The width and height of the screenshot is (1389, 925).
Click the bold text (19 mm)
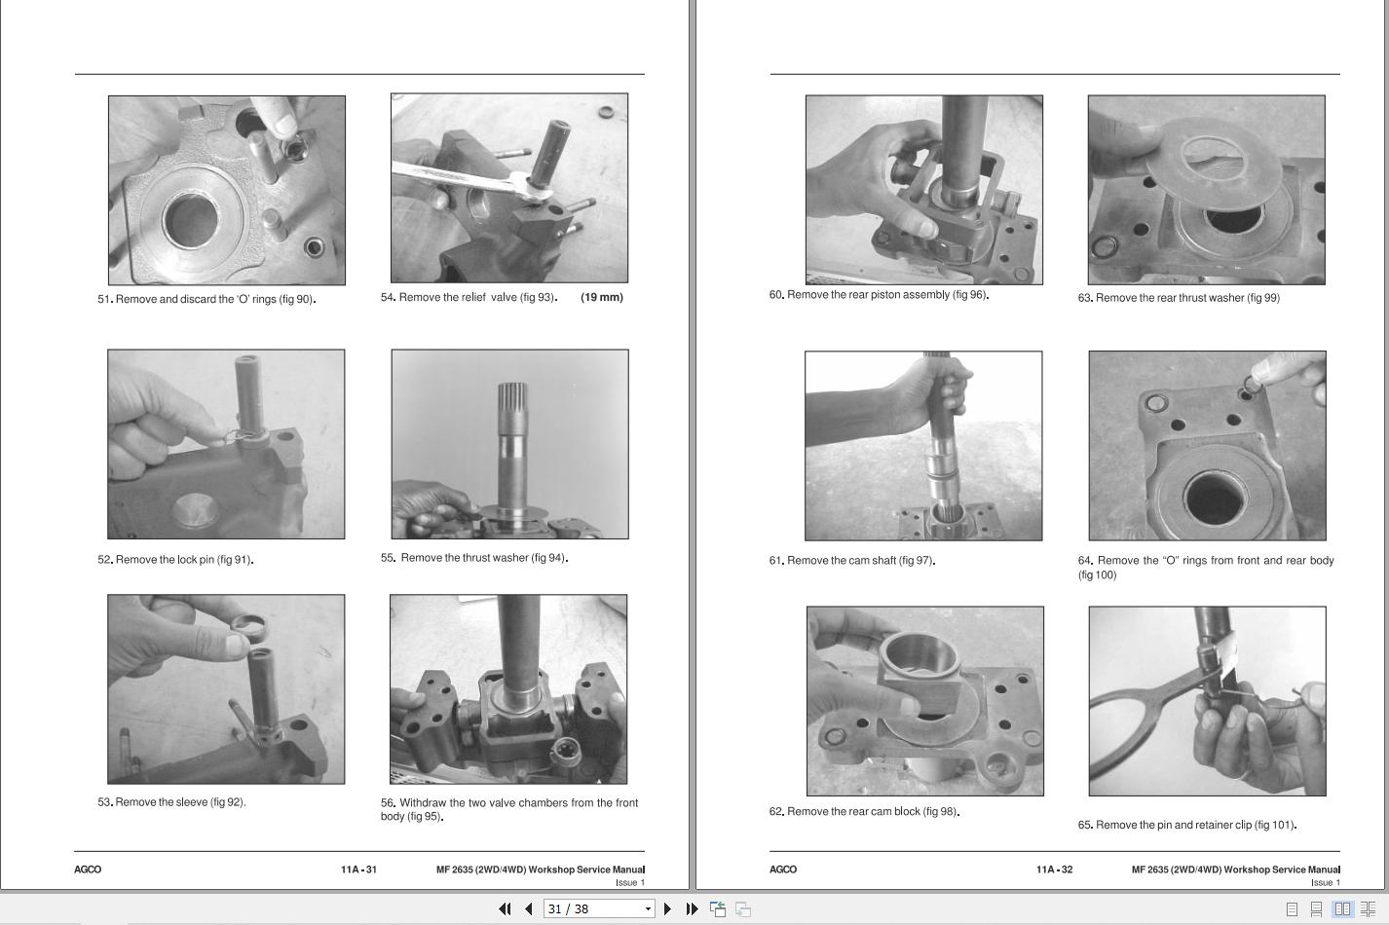602,297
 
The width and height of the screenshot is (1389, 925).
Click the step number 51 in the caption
104,299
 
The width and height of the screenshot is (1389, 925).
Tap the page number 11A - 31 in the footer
358,869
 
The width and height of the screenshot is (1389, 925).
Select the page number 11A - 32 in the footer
1054,869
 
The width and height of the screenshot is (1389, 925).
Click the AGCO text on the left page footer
88,869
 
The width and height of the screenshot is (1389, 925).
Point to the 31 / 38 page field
598,908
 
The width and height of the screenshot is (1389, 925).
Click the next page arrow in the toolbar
667,908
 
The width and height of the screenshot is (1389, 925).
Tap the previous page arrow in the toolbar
528,908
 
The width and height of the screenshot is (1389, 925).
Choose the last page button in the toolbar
692,908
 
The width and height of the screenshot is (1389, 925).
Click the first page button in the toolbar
505,908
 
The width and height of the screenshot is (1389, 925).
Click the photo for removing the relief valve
509,188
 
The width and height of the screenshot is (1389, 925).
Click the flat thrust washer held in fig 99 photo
1213,162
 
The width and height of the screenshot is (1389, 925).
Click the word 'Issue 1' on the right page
1325,882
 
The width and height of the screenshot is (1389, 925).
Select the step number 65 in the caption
1084,825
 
